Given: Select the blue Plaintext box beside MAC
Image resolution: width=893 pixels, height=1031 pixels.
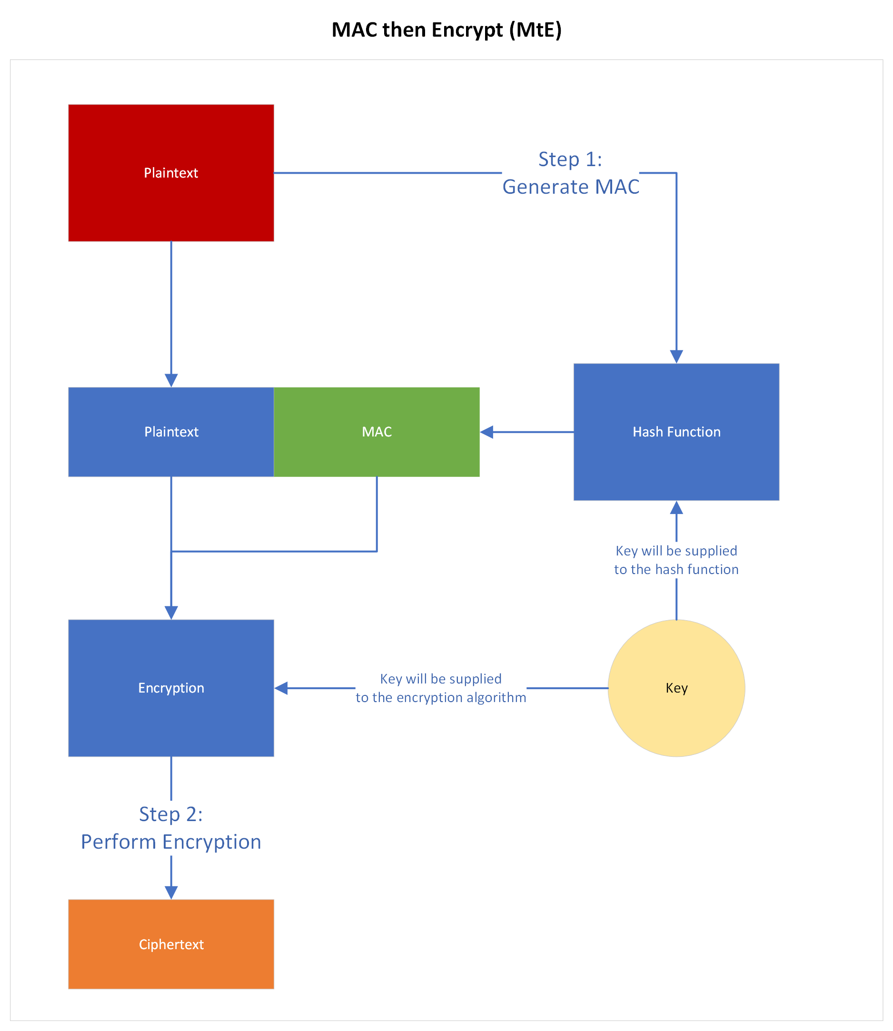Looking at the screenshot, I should [x=171, y=432].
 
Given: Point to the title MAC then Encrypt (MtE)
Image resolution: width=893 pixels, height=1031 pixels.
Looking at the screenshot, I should [x=446, y=30].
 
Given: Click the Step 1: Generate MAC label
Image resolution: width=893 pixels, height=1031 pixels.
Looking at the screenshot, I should [x=571, y=173].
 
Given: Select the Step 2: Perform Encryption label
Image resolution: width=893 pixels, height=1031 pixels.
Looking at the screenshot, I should [x=171, y=828].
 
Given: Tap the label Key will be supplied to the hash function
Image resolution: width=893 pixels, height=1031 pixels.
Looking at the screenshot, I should [x=676, y=560].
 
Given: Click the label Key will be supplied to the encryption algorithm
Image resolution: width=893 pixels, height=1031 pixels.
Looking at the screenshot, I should [x=440, y=688].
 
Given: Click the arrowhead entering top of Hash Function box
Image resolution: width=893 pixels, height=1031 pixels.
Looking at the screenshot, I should [x=676, y=357].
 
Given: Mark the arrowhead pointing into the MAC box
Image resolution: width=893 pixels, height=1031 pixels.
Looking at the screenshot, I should [x=487, y=432].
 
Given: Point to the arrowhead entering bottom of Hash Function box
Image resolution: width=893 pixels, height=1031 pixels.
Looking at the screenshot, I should [x=676, y=508].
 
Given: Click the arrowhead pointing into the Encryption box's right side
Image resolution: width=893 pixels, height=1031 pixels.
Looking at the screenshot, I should [x=281, y=688].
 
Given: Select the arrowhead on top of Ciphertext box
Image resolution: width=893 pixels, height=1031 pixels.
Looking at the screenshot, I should [x=171, y=892].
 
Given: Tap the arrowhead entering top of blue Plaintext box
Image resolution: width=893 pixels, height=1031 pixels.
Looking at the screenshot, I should [x=171, y=380].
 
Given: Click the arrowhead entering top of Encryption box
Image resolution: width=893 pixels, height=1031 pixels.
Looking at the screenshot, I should [x=171, y=613].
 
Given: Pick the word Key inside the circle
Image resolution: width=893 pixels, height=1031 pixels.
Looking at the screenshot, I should [x=676, y=688].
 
